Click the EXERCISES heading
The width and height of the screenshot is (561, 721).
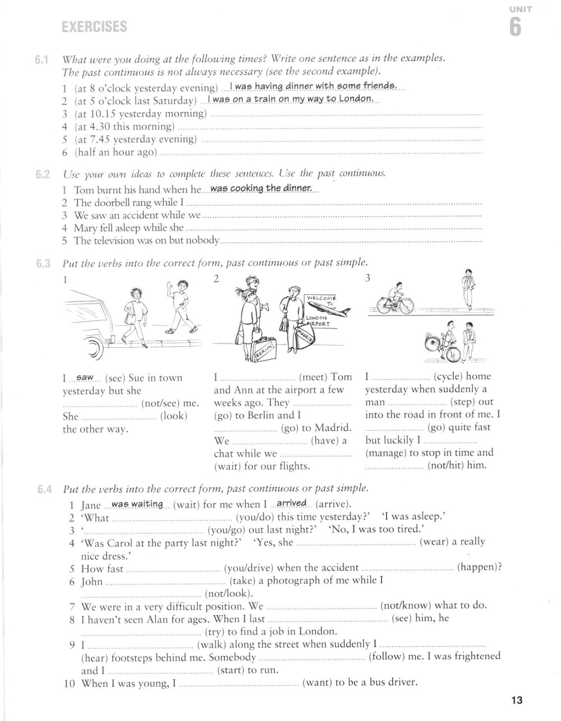pos(94,26)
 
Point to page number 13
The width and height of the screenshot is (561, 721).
pos(517,700)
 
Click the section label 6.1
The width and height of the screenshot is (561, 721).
pos(43,59)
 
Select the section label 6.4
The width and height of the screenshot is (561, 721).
pos(44,489)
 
